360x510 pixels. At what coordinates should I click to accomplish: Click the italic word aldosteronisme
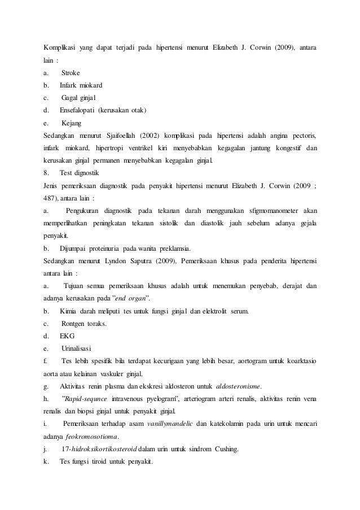point(239,386)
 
